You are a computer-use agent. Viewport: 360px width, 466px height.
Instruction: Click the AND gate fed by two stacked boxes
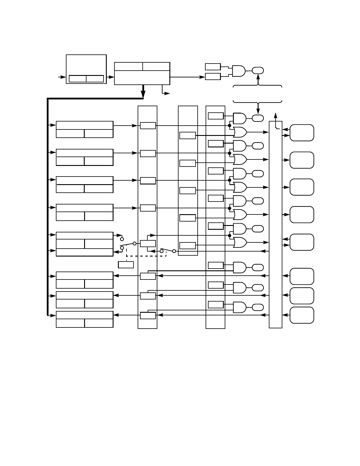point(239,71)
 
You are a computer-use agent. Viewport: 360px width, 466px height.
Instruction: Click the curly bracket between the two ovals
point(258,94)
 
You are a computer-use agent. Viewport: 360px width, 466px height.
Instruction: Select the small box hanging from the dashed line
point(126,265)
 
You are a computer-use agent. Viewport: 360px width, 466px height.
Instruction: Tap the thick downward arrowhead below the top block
point(143,94)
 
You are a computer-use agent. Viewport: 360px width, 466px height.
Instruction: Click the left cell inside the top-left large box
point(77,79)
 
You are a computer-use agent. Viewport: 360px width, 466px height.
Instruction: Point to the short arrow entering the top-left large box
point(62,77)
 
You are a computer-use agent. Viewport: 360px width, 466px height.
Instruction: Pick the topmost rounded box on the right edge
point(302,133)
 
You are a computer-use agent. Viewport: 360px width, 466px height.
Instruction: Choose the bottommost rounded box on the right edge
point(302,315)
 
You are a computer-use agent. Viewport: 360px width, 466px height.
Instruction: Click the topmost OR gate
point(240,132)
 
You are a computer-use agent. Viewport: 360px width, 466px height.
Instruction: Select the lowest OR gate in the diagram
point(240,242)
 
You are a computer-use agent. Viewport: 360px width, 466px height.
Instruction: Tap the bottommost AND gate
point(239,307)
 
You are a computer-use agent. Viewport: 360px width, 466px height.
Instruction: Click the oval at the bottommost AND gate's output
point(258,307)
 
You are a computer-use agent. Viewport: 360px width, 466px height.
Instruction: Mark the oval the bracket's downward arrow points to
point(258,118)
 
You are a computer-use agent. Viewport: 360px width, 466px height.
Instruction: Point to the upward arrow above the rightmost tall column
point(276,115)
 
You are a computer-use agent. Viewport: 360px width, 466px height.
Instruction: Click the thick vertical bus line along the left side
point(48,206)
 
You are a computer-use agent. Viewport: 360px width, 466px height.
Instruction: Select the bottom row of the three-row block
point(84,252)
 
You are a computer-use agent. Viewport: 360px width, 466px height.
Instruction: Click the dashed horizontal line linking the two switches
point(146,256)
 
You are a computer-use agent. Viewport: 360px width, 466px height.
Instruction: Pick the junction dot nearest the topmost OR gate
point(229,126)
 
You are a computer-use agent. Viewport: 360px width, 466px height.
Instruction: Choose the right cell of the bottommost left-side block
point(99,323)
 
